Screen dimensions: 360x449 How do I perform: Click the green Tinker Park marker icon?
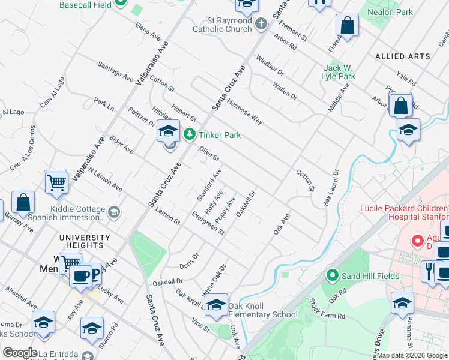coord(190,134)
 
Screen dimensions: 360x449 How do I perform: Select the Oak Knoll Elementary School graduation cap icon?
coord(216,305)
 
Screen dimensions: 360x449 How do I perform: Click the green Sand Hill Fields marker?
coord(331,275)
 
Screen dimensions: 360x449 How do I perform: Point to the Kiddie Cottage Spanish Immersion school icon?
coord(113,212)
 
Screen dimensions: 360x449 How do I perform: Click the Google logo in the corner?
coord(20,353)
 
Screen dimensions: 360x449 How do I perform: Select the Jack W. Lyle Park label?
coord(340,72)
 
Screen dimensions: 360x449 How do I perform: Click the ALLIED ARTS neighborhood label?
coord(402,56)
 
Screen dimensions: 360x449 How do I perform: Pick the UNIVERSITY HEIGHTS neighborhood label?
coord(85,241)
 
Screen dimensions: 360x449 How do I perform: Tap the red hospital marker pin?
coord(418,241)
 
